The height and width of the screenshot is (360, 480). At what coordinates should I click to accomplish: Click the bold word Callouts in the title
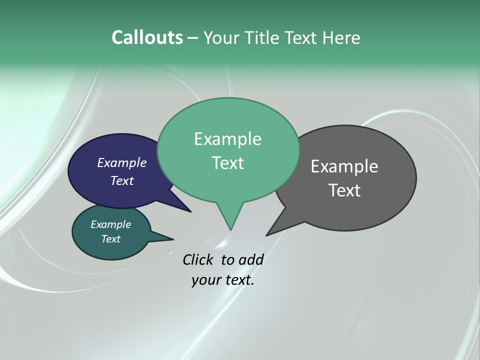[147, 37]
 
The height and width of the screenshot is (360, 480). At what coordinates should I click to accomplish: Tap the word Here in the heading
[341, 37]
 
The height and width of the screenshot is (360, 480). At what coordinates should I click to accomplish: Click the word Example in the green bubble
[227, 139]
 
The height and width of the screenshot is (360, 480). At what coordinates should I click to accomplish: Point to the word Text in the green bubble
[227, 163]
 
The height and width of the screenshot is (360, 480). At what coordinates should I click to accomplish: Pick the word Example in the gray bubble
[344, 166]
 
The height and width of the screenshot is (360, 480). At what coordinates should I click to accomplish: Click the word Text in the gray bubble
[344, 190]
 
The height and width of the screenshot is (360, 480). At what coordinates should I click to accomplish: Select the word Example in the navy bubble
[121, 162]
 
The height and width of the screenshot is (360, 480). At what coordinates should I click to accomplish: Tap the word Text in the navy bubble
[121, 180]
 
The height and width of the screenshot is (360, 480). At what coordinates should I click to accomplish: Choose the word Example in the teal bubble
[110, 224]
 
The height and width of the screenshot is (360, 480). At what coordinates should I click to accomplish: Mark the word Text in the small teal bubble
[110, 239]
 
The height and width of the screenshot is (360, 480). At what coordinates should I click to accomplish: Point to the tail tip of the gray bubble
[268, 233]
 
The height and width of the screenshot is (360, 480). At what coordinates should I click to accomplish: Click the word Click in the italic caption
[199, 259]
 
